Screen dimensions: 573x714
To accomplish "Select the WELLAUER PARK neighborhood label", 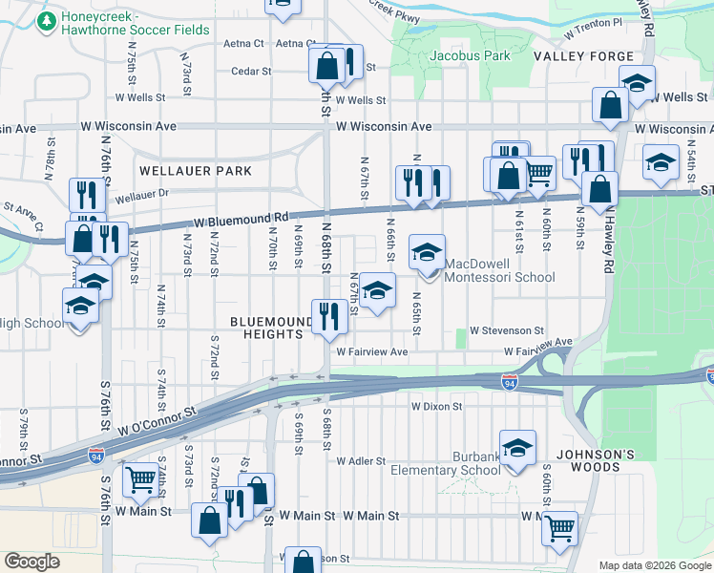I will (x=195, y=171).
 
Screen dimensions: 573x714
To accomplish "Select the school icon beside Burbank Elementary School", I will (x=517, y=449).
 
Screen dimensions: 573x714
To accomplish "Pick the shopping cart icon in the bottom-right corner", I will (x=560, y=526).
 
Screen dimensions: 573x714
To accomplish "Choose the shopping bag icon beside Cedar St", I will (x=326, y=66).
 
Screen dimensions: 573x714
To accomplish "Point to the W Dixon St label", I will (x=436, y=406).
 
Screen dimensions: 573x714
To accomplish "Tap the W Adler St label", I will (x=361, y=460).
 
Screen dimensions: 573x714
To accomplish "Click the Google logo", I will (x=32, y=562).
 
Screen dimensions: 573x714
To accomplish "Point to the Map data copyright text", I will (x=653, y=565).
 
